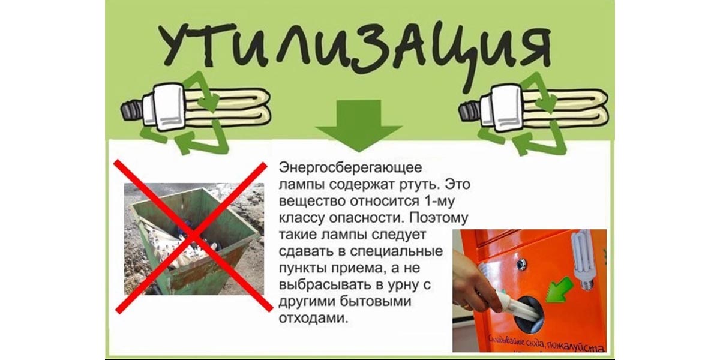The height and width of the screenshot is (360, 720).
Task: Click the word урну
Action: pos(407,283)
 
